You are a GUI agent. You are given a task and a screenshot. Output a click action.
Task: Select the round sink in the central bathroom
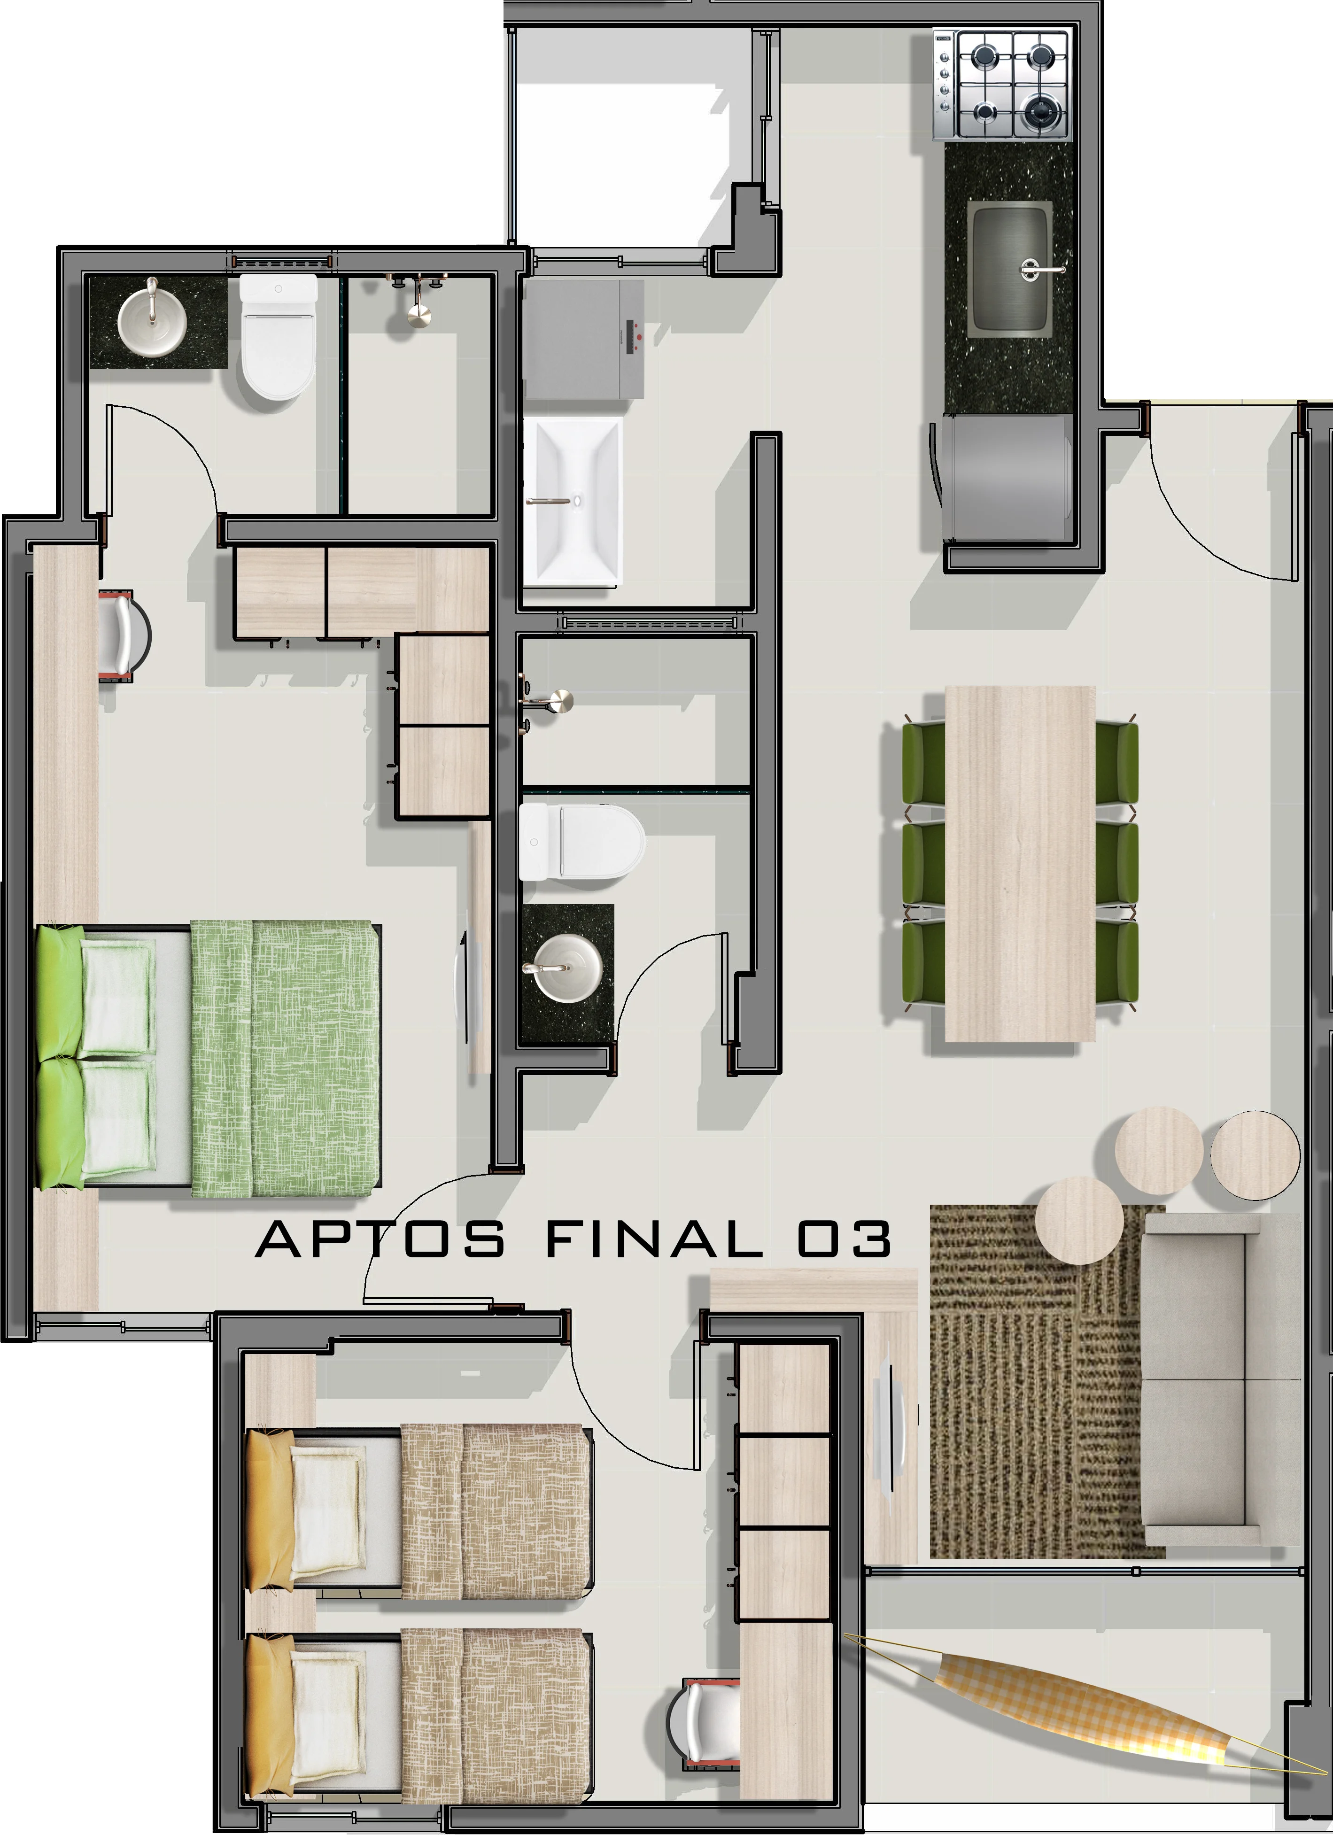click(566, 967)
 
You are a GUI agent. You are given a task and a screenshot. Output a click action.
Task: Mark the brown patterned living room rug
click(1028, 1424)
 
